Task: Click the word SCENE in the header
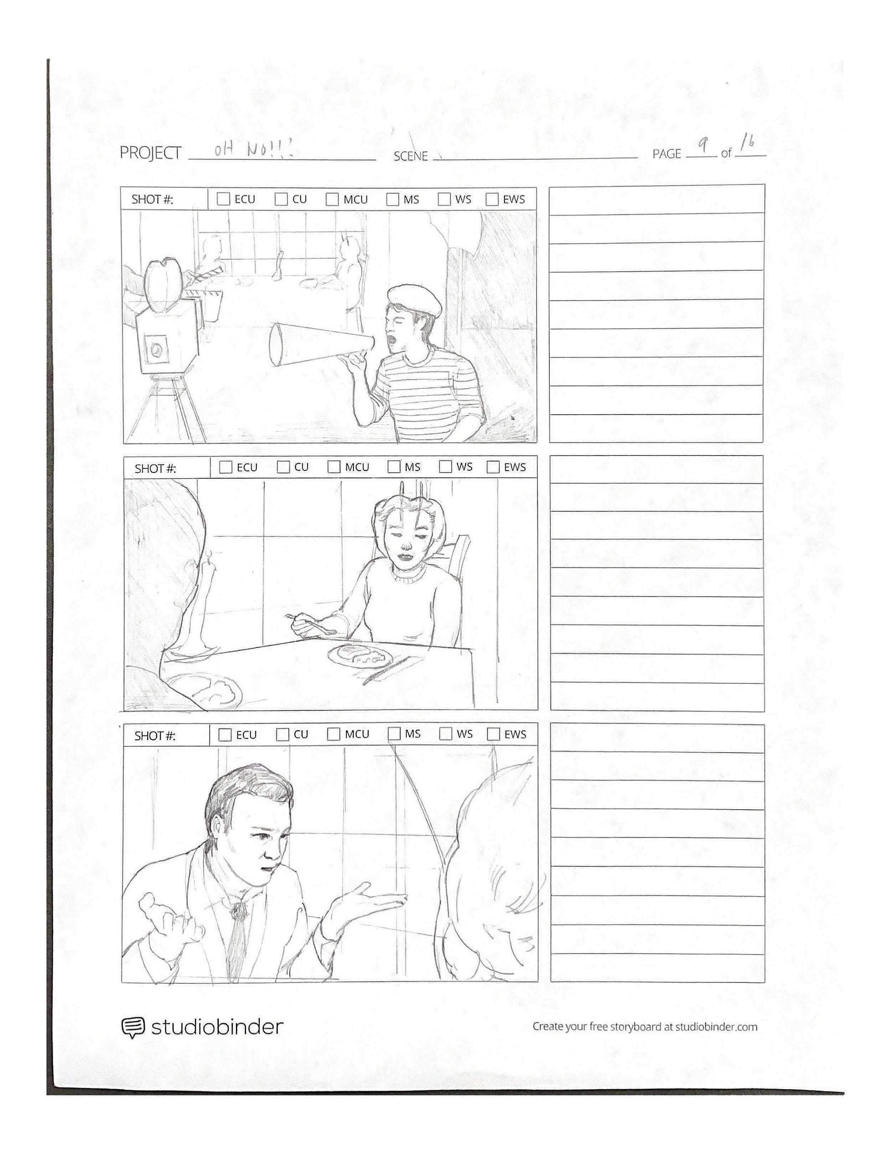click(411, 156)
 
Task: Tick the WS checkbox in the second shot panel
click(446, 467)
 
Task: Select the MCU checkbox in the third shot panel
click(334, 734)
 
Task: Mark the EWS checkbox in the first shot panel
click(492, 199)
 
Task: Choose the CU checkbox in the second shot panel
click(283, 467)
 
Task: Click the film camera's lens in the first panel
click(157, 348)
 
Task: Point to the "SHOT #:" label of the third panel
click(155, 736)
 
